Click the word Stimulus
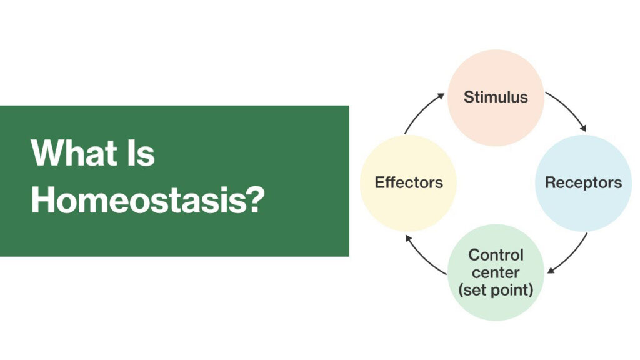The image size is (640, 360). (496, 97)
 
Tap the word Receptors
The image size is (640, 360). (583, 182)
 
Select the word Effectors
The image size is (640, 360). (409, 182)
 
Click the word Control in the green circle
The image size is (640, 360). (496, 255)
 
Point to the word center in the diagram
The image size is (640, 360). (496, 272)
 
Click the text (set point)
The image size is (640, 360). (496, 290)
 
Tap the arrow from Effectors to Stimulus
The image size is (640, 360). (421, 110)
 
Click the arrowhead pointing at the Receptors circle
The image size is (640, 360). (584, 128)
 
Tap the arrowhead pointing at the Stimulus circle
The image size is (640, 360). (441, 96)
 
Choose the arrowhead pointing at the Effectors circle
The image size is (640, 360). (408, 238)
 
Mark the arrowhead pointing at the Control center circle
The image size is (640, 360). (551, 270)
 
